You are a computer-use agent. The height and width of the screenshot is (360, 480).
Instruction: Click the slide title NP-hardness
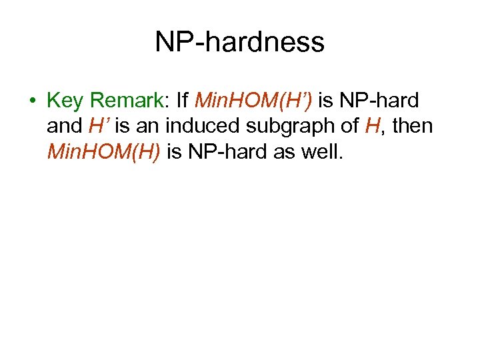239,43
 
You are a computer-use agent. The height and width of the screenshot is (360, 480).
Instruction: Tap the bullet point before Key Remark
31,101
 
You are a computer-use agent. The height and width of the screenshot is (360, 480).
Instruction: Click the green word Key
65,101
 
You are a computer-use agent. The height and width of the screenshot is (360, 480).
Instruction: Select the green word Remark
125,101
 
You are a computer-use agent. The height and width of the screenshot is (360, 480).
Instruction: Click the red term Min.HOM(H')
254,101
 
